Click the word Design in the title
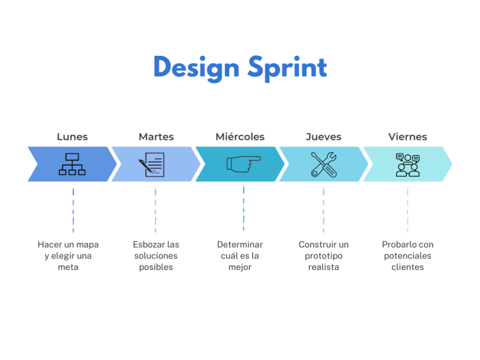click(x=196, y=67)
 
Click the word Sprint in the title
click(x=286, y=67)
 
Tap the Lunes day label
click(x=73, y=137)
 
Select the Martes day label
click(x=156, y=137)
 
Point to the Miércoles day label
click(x=240, y=137)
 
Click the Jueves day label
click(x=323, y=137)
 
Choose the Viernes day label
click(x=407, y=137)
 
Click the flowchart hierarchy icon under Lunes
click(x=72, y=164)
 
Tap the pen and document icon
click(x=152, y=164)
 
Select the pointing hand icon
click(x=243, y=163)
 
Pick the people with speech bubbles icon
click(x=407, y=164)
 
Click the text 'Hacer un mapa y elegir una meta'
click(x=68, y=256)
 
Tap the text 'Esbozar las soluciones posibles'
click(x=156, y=256)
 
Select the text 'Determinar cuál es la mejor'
click(x=240, y=256)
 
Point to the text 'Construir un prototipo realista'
click(x=323, y=256)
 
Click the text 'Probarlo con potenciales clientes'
click(x=407, y=256)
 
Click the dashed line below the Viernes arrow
click(x=407, y=210)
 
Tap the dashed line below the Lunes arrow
click(x=73, y=210)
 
